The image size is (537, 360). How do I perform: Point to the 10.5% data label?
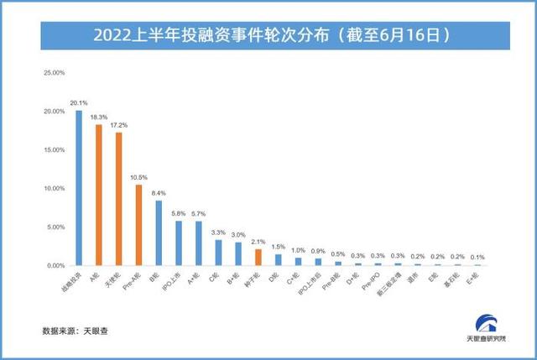pos(139,177)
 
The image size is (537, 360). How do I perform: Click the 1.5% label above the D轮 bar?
pos(279,246)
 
